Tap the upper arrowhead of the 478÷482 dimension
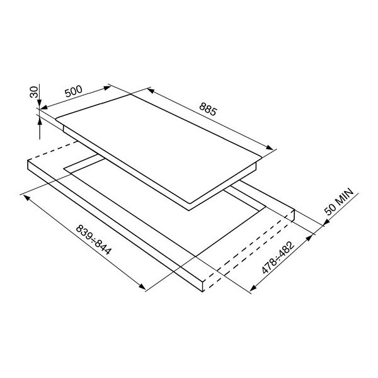coord(311,237)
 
